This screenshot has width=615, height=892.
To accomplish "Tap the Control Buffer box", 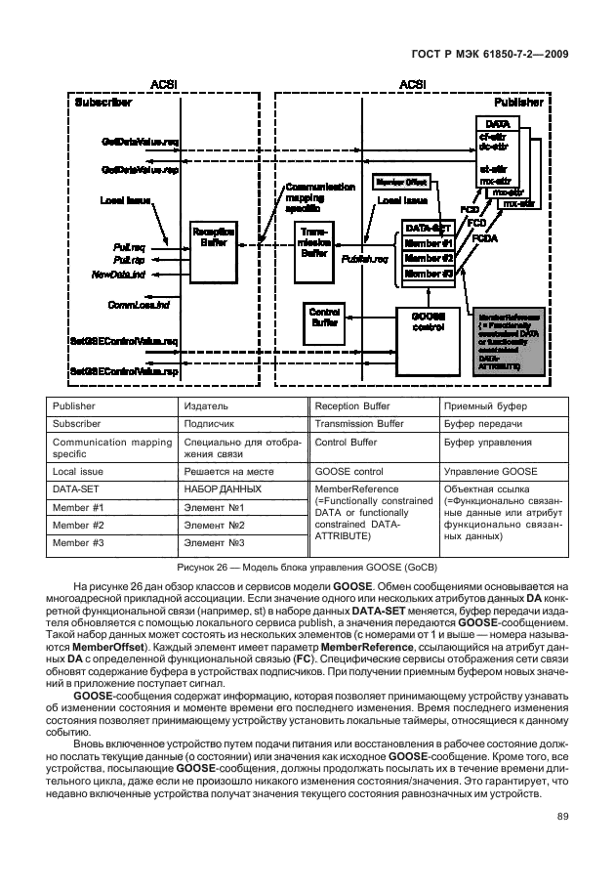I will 323,317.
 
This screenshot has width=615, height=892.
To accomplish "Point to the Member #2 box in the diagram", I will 429,259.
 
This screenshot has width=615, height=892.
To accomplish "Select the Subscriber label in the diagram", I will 103,102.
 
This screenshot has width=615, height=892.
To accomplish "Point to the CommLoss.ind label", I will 138,306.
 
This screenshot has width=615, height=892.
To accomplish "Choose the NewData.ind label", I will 119,275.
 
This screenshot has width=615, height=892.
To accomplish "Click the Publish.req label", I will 365,260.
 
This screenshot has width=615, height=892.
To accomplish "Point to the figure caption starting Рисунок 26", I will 307,568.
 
